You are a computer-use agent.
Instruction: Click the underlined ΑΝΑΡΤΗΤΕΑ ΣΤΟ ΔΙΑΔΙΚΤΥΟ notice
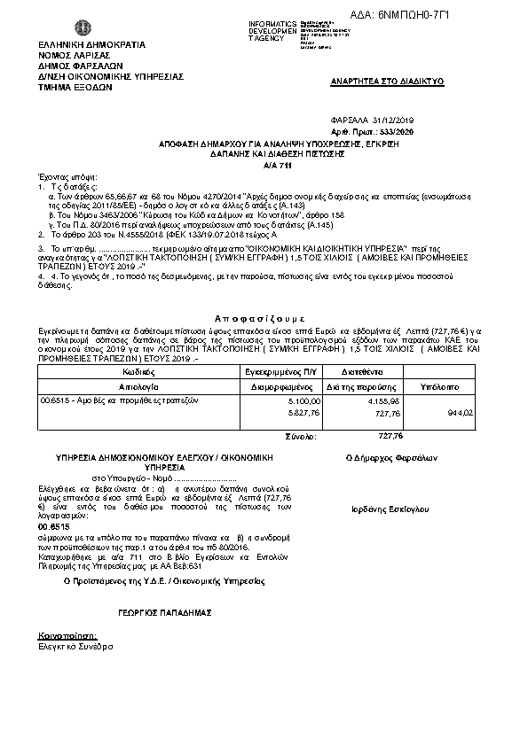pos(388,82)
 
